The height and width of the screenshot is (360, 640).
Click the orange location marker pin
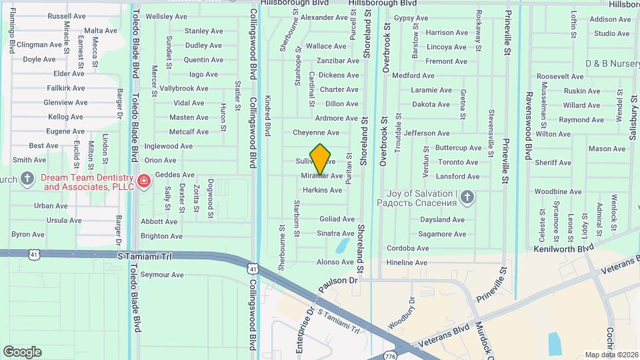coord(321,159)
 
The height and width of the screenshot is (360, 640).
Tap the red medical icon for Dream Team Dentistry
coord(143,181)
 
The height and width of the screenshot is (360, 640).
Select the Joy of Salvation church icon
coord(467,197)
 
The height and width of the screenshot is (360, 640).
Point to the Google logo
coord(22,352)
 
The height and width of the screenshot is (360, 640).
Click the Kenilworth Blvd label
coord(563,248)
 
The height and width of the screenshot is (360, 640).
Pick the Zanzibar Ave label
coord(337,61)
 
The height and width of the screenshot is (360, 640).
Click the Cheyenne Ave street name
coord(316,133)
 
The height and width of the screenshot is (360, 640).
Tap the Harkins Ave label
coord(322,190)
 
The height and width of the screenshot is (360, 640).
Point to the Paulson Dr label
coord(339,281)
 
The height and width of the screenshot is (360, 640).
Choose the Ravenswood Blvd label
coord(528,127)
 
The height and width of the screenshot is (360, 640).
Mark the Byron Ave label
coord(27,234)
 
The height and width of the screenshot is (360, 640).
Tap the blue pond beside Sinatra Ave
coord(343,246)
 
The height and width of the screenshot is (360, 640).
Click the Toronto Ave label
coord(457,162)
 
